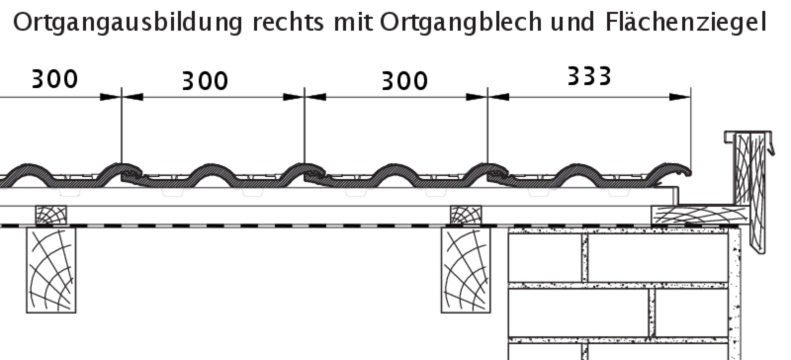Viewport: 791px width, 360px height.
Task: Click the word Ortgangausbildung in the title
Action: coord(128,23)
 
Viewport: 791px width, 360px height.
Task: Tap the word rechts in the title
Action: coord(288,22)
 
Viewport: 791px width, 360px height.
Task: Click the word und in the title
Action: coord(573,23)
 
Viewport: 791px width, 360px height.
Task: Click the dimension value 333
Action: coord(589,76)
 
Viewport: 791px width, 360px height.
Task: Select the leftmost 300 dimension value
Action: coord(54,79)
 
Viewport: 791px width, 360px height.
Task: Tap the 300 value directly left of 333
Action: coord(404,81)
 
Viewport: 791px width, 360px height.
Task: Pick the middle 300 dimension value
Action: coord(205,81)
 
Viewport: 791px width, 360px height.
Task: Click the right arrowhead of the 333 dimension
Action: coord(680,97)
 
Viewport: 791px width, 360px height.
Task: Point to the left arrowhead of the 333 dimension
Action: coord(498,97)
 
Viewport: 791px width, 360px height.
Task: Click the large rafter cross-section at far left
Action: coord(51,270)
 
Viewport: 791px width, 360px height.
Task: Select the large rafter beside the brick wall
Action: coord(466,270)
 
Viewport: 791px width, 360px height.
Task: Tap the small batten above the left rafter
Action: coord(51,215)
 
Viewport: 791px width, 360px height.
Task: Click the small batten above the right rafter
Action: coord(466,215)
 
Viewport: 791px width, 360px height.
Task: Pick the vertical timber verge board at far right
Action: coord(750,192)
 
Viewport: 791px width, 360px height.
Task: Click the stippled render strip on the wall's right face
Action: coord(734,293)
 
